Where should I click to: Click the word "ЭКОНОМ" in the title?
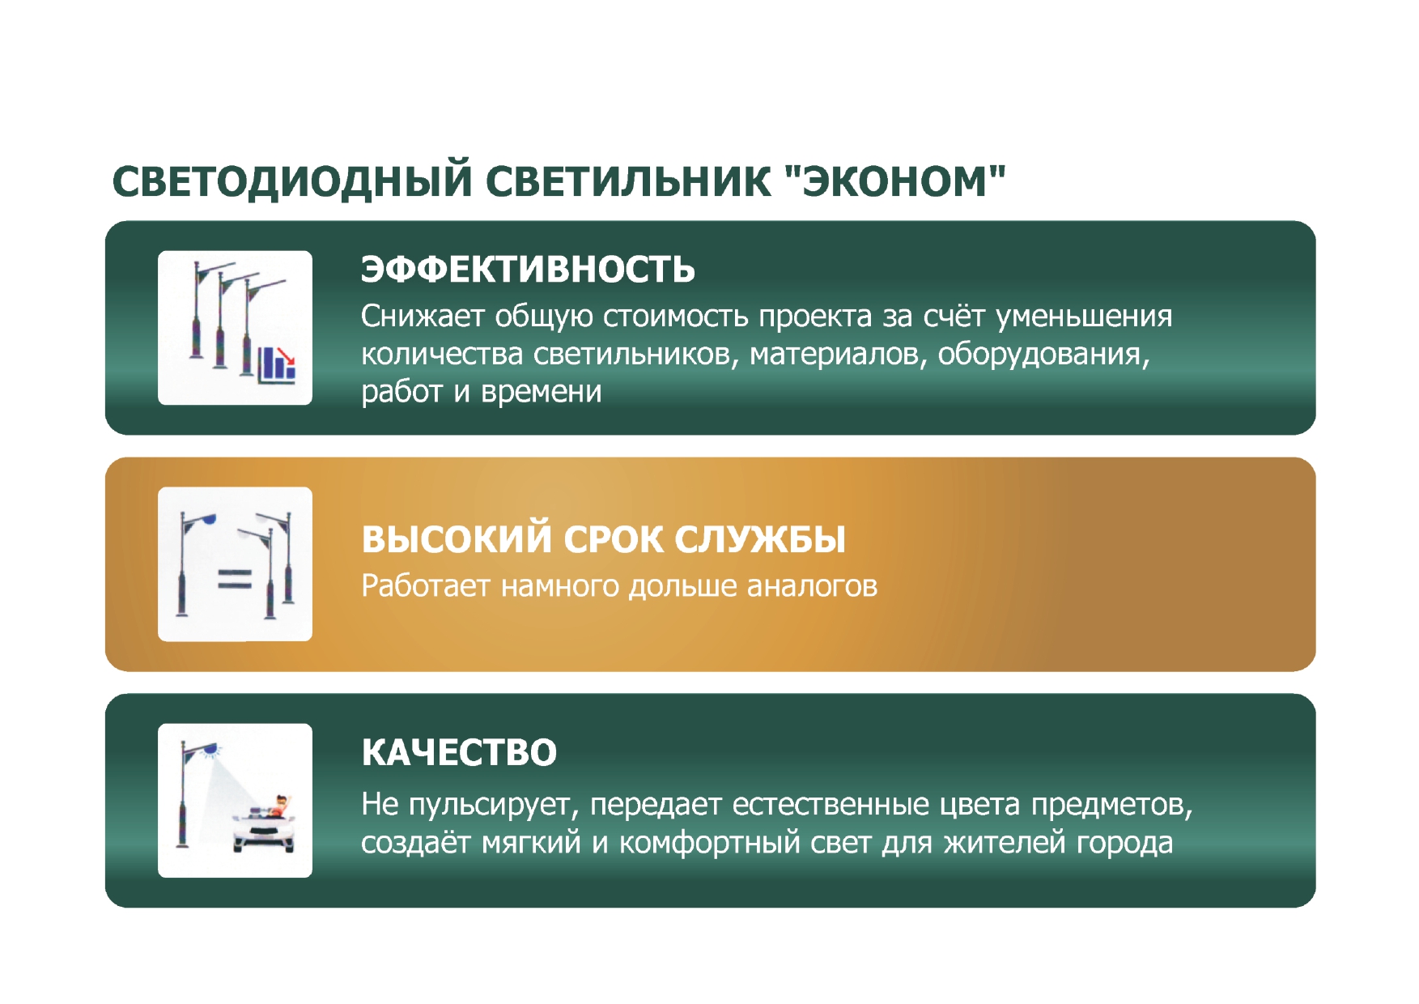click(x=894, y=181)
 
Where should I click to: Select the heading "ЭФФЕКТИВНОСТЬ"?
click(x=528, y=270)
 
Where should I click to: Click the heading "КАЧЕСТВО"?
click(x=459, y=752)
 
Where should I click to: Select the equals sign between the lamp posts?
click(x=235, y=578)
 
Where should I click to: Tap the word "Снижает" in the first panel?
click(x=423, y=316)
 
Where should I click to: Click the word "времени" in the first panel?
click(x=542, y=392)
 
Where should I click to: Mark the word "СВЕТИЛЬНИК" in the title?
click(x=629, y=181)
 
